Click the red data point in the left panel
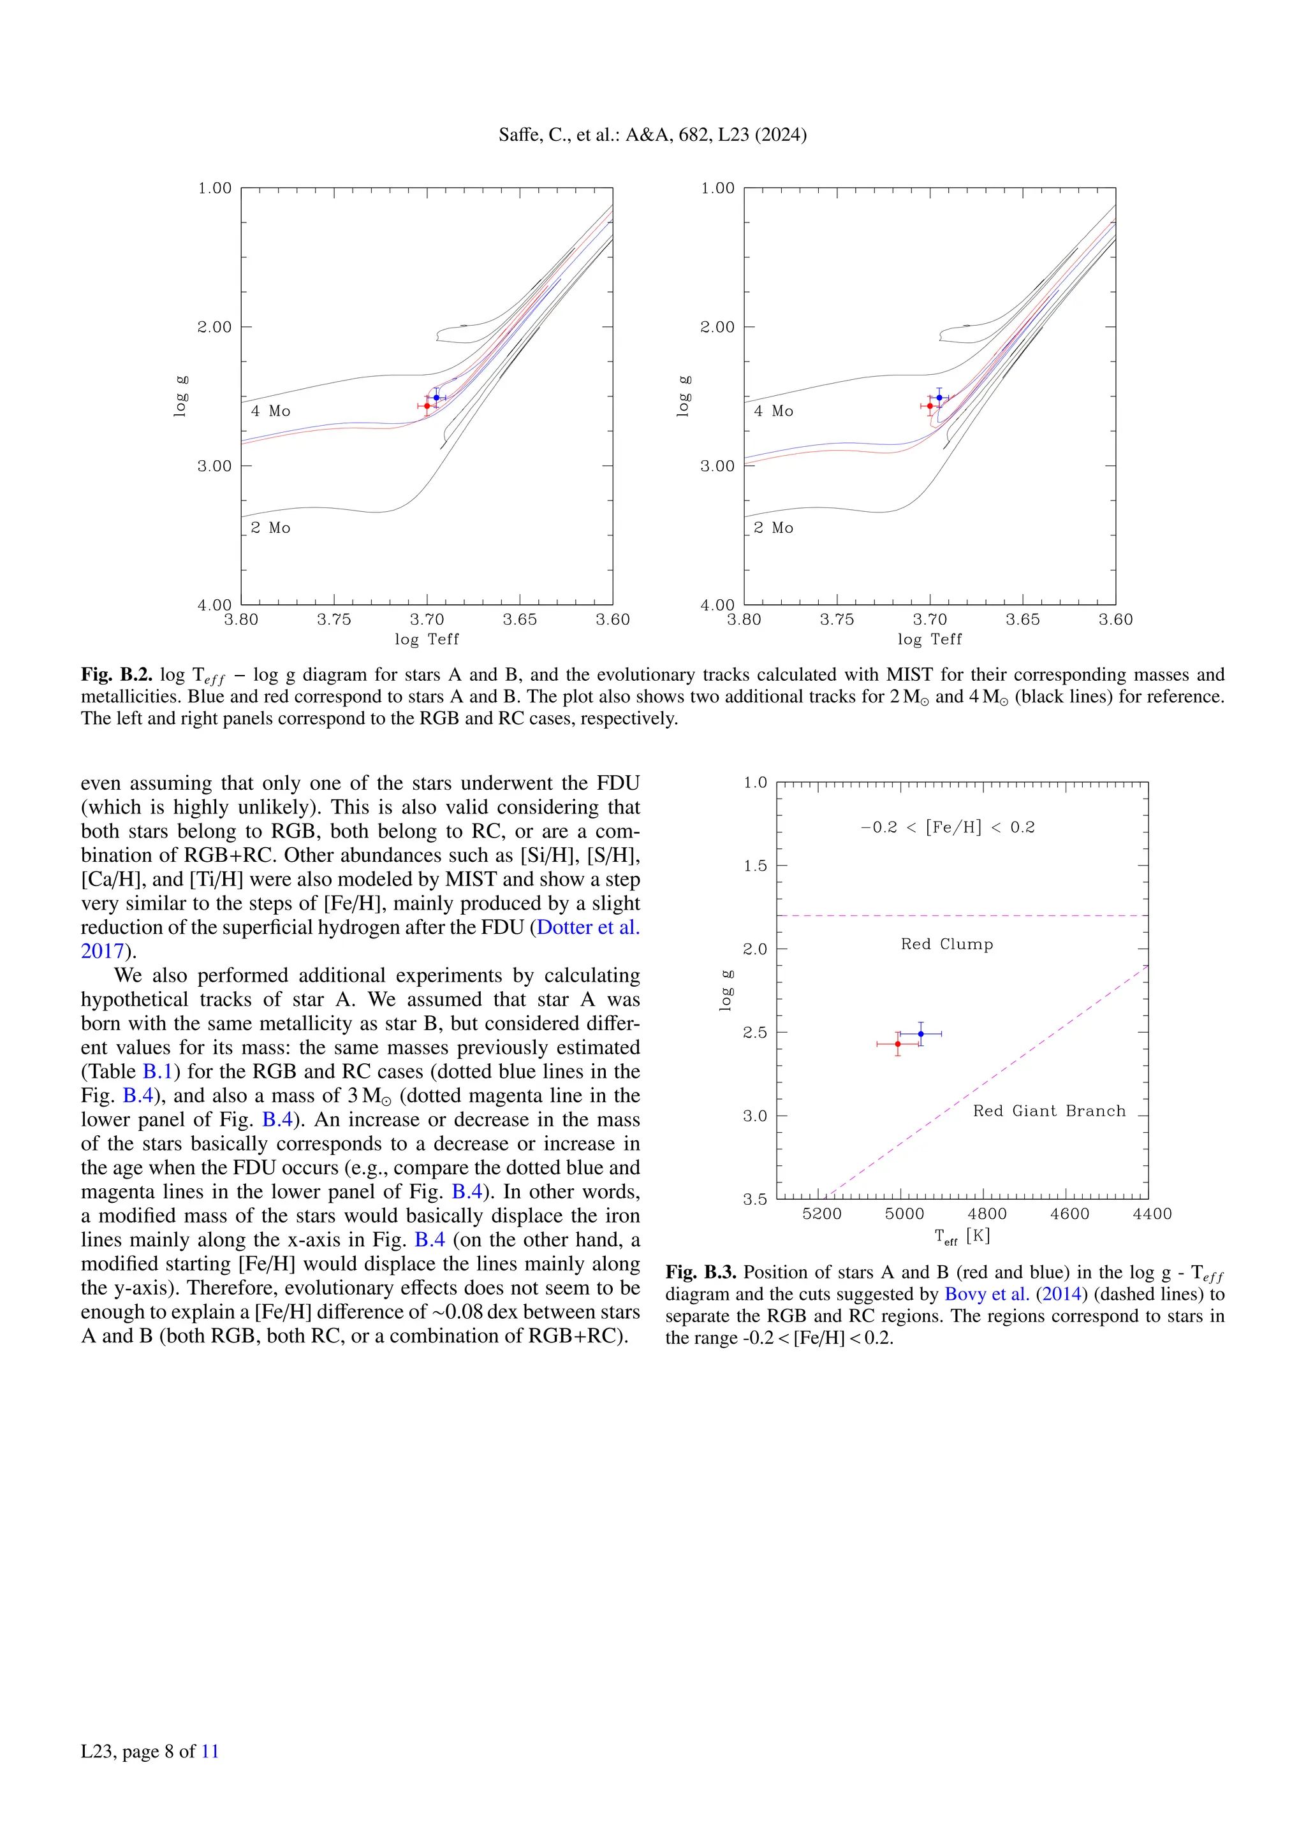tap(427, 406)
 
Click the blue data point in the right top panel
tap(939, 397)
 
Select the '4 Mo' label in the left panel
tap(270, 411)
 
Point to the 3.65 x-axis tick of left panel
tap(520, 619)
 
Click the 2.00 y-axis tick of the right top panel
tap(717, 327)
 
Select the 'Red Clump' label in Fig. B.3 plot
tap(946, 944)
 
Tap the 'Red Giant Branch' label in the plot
tap(1048, 1111)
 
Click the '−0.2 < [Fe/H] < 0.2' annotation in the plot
tap(948, 827)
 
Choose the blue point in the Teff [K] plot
tap(921, 1034)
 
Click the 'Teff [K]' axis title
tap(962, 1237)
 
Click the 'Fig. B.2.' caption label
tap(117, 674)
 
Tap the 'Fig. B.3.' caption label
tap(700, 1272)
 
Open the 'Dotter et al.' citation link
tap(588, 927)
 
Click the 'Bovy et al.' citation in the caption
tap(987, 1293)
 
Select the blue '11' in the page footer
tap(210, 1751)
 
